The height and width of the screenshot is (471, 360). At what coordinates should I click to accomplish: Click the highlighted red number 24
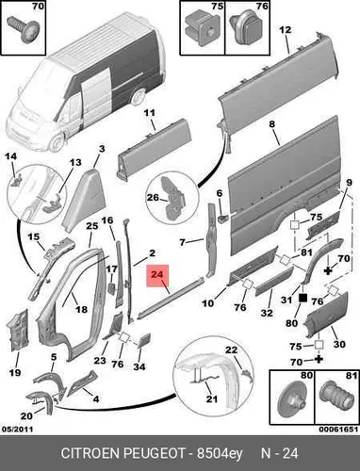tap(157, 274)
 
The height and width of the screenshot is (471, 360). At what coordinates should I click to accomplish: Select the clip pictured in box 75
tap(202, 27)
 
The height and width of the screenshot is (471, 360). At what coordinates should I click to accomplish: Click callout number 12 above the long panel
tap(286, 30)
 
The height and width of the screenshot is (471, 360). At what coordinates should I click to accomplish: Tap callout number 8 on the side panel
tap(272, 124)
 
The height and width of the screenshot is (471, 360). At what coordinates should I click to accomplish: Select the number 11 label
tap(150, 113)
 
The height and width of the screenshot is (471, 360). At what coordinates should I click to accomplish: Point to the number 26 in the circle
tap(154, 198)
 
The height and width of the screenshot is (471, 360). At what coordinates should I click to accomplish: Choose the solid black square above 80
tap(303, 298)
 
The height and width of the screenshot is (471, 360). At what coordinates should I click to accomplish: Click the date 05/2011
tap(18, 430)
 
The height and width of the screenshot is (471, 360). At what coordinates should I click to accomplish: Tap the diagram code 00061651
tap(338, 430)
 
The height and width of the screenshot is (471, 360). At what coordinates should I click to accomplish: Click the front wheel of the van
tap(57, 143)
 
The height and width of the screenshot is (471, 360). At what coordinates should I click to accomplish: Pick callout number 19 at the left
tap(15, 373)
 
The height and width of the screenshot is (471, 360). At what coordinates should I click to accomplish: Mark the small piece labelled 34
tap(144, 341)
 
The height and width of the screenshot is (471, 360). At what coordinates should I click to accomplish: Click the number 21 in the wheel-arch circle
tap(212, 398)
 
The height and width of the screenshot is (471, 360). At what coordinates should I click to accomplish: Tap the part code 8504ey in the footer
tap(220, 454)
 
